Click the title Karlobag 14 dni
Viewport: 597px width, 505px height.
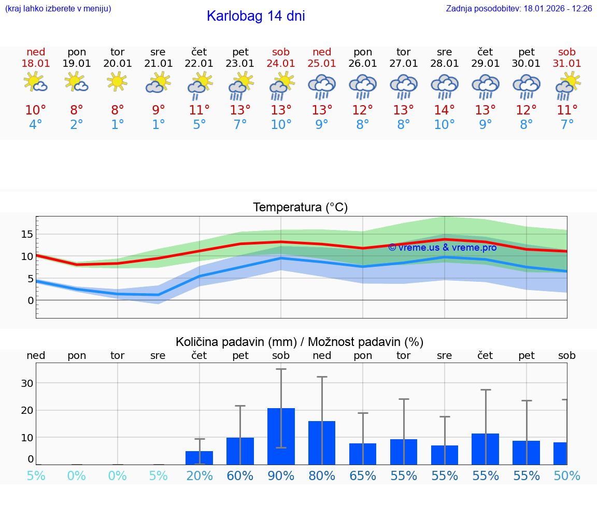point(255,16)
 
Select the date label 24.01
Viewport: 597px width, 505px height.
point(281,64)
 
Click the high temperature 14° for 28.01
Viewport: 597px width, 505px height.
point(444,110)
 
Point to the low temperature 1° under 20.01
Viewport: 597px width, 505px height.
point(118,125)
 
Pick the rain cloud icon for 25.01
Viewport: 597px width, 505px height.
point(321,86)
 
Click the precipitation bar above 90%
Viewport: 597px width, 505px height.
point(281,436)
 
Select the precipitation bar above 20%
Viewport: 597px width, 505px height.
point(199,457)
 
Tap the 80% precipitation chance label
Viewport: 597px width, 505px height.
point(322,475)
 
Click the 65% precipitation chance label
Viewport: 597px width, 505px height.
point(363,475)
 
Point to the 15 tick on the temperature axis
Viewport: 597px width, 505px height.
point(27,234)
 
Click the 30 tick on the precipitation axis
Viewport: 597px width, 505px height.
point(27,383)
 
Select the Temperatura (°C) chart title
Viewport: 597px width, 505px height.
point(300,208)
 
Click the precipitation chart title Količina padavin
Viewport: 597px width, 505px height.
point(300,342)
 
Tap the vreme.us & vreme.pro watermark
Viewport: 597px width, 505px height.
point(442,248)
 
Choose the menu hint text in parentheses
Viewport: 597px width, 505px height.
point(58,9)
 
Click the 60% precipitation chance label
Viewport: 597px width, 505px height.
point(240,475)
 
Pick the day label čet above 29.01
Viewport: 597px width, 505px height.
point(485,52)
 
